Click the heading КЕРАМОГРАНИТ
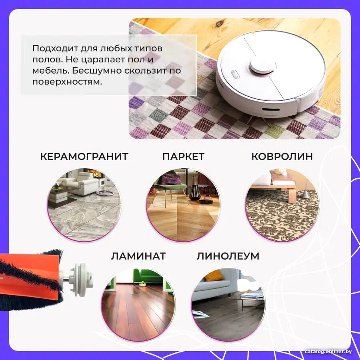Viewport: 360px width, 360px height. coord(84,156)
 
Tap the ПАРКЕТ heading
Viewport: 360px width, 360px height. coord(183,156)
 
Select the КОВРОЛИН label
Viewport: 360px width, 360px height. coord(282,156)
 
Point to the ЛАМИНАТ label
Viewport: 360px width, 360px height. coord(138,256)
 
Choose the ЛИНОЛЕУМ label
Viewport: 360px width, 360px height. coord(228,256)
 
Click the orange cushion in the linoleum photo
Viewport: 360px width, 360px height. coord(214,275)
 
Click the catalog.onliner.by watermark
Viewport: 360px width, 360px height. coord(328,352)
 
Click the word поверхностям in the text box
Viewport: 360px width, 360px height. coord(67,82)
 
